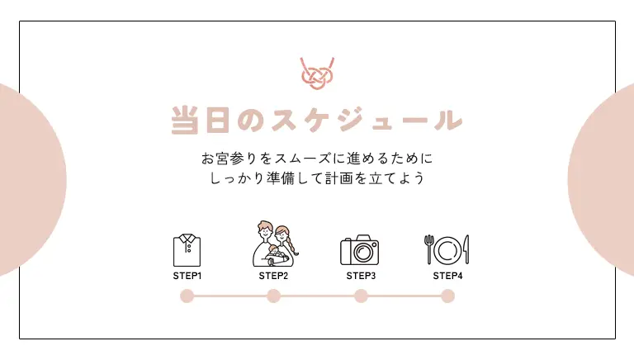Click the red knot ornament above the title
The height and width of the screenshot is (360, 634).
point(317,73)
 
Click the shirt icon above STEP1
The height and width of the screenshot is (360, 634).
point(187,250)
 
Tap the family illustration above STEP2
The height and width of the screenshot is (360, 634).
point(276,244)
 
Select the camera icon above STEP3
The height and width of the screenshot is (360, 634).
point(359,250)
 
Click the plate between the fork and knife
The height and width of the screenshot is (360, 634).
point(447,251)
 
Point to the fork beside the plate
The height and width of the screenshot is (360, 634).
point(429,249)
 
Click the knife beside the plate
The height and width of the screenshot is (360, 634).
point(466,249)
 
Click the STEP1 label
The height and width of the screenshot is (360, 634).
point(187,276)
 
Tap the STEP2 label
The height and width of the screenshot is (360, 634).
point(274,276)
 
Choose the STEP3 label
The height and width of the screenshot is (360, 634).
point(361,276)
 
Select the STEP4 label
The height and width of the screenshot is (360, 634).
point(447,276)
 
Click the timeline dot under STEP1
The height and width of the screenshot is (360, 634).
point(187,296)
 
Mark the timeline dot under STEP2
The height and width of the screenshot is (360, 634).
point(274,296)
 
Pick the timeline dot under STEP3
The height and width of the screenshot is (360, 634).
point(361,296)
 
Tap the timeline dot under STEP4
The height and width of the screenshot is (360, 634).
point(448,296)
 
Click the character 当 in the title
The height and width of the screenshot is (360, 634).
point(185,120)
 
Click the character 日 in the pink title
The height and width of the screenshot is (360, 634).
point(218,120)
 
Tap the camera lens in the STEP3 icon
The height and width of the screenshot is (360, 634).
point(362,253)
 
